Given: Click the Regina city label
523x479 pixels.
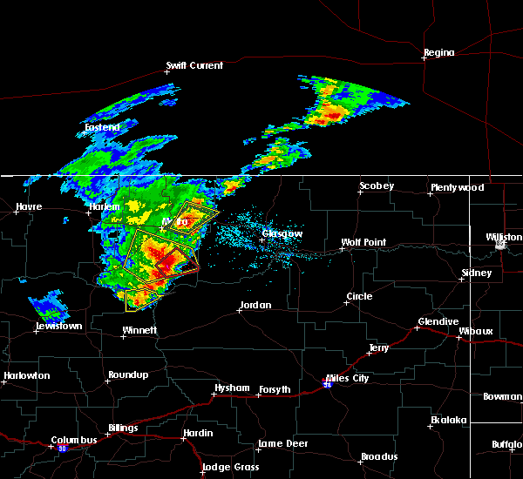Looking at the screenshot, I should click(x=438, y=52).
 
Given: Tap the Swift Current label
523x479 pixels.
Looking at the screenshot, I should click(x=194, y=65).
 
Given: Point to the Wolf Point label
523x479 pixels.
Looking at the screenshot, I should click(x=363, y=242).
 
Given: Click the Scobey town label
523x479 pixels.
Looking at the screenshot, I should click(x=377, y=186).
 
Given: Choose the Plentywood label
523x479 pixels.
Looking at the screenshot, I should click(x=456, y=187).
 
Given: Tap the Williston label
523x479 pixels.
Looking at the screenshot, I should click(x=504, y=236).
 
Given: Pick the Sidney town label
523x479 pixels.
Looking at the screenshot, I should click(x=476, y=273).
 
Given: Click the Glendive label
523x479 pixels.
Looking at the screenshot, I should click(x=438, y=321).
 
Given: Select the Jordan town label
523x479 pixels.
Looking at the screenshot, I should click(x=255, y=305).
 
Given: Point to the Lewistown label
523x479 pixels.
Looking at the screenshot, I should click(x=58, y=326).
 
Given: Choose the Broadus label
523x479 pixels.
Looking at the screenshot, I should click(x=379, y=456).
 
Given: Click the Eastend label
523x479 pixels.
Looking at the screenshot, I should click(x=101, y=127).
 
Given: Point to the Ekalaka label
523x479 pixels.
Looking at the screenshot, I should click(x=450, y=420).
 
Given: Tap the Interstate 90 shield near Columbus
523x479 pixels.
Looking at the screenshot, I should click(x=63, y=449).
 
